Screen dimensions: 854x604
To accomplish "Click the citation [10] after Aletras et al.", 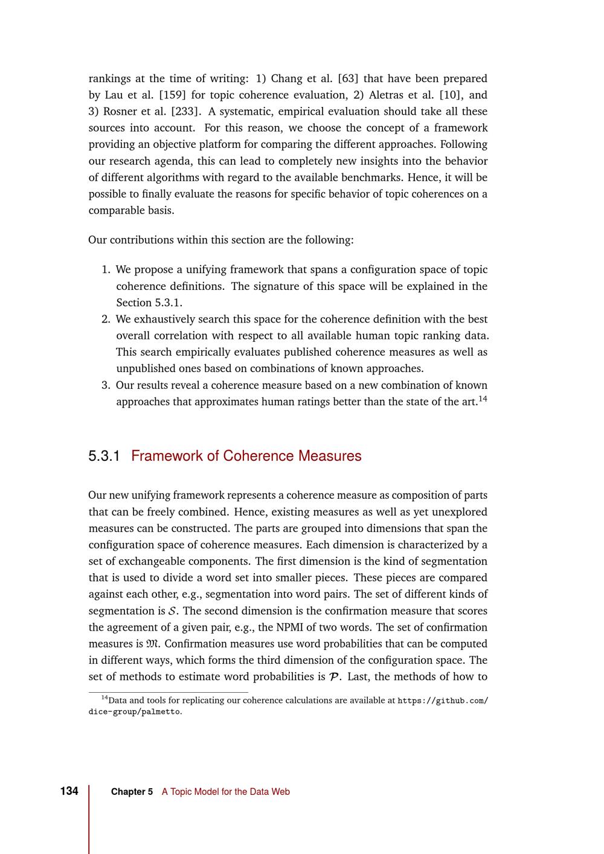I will click(450, 95).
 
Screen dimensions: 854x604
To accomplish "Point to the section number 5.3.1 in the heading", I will click(104, 456).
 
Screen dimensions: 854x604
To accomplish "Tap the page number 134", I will click(69, 791).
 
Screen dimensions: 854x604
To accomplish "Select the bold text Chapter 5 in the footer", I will click(132, 792).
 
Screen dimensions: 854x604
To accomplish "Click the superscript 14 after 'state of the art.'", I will click(483, 398).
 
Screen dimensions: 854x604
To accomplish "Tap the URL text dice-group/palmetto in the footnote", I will click(135, 711).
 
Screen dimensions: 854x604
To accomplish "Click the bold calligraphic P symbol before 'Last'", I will click(333, 677).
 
